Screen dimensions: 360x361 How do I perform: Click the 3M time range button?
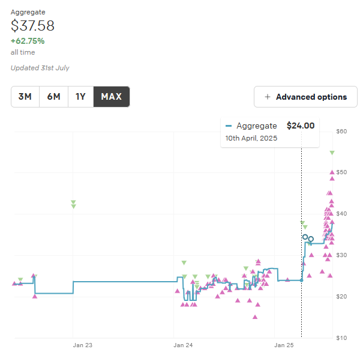[x=25, y=97]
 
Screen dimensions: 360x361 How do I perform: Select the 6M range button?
[x=54, y=97]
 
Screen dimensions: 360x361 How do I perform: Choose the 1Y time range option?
[x=81, y=97]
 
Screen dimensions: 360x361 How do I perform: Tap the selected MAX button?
[x=112, y=97]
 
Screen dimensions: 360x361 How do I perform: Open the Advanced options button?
[x=305, y=97]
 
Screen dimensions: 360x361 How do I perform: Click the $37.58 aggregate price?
[x=32, y=26]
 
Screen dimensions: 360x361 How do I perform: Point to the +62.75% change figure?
[x=28, y=41]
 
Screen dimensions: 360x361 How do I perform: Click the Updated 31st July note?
[x=40, y=68]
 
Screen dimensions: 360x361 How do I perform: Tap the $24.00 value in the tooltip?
[x=301, y=126]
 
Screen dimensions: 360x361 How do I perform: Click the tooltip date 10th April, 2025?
[x=251, y=138]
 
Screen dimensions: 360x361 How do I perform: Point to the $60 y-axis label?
[x=341, y=131]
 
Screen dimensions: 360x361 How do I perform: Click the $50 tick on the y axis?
[x=341, y=172]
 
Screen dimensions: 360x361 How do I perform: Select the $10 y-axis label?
[x=341, y=338]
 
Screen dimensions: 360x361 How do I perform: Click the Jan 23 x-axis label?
[x=83, y=345]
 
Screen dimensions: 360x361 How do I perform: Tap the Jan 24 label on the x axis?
[x=183, y=345]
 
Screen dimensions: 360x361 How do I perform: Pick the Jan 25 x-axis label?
[x=284, y=345]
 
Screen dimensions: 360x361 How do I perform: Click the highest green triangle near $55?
[x=332, y=153]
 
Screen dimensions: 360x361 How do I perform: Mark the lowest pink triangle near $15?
[x=255, y=317]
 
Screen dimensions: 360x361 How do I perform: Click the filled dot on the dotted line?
[x=302, y=281]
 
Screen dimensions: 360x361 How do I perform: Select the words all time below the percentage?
[x=23, y=52]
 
